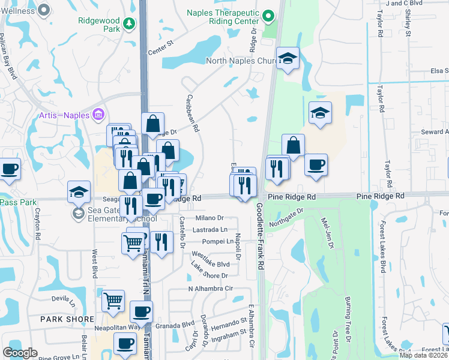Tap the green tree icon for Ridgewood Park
pos(128,23)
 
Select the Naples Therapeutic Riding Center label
pos(223,17)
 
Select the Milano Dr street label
pos(208,218)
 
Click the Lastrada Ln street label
pos(210,230)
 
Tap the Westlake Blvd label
pos(210,264)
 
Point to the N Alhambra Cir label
pos(211,289)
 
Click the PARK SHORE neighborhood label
pos(67,319)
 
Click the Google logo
pos(20,353)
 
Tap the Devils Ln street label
pos(61,298)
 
